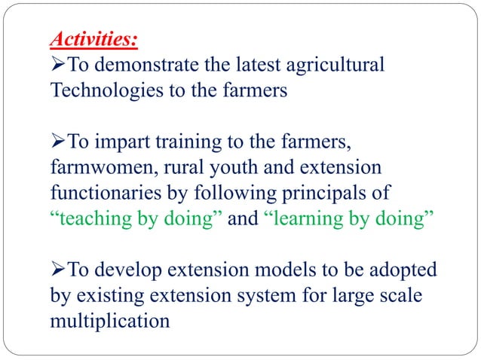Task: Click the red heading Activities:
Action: tap(95, 38)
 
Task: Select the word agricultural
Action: tap(329, 66)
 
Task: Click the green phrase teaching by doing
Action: tap(136, 219)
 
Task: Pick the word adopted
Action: tap(397, 270)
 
